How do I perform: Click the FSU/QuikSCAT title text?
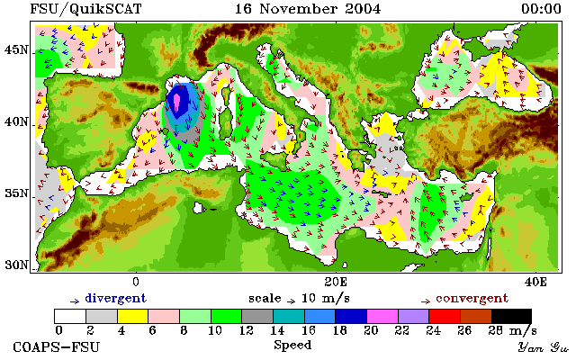point(85,9)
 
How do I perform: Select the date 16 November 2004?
point(308,9)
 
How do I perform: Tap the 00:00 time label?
point(541,9)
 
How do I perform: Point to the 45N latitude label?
point(16,49)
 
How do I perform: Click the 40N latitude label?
point(16,121)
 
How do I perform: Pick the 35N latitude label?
point(16,193)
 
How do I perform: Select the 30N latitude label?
point(16,265)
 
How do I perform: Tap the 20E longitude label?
point(336,282)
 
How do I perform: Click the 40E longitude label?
point(535,282)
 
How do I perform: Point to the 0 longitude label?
point(136,282)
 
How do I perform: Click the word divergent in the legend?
point(116,299)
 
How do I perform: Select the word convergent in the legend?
point(472,299)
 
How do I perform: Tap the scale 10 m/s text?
point(299,299)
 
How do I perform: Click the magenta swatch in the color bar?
point(382,316)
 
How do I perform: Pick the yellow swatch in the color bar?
point(133,316)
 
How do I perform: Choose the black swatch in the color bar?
point(511,316)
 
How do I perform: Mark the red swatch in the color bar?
point(445,316)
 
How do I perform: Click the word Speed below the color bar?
point(292,346)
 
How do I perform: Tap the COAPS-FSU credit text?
point(57,346)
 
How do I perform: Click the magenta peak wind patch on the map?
point(176,103)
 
